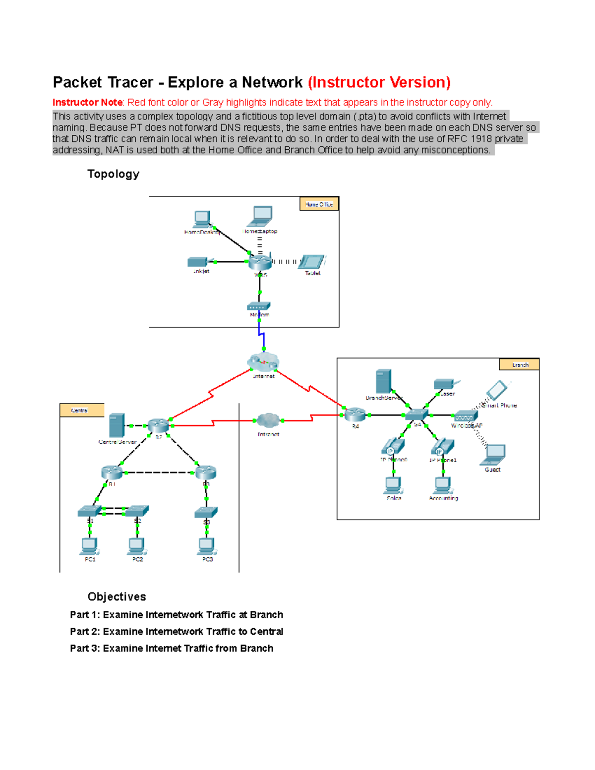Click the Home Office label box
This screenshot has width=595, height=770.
(x=319, y=204)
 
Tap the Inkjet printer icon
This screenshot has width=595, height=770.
(x=197, y=262)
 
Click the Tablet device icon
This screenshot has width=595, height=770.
(x=312, y=261)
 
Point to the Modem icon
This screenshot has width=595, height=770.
(x=259, y=306)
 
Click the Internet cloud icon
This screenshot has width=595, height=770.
(x=263, y=363)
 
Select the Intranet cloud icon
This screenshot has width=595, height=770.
(x=268, y=421)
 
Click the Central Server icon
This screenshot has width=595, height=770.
(x=116, y=425)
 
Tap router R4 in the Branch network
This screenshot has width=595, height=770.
(x=355, y=415)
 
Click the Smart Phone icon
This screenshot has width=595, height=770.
(x=497, y=390)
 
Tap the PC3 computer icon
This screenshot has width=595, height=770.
(x=207, y=546)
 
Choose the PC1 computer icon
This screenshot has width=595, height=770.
(x=89, y=546)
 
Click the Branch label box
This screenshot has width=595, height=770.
(x=519, y=365)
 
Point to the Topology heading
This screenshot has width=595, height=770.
(x=113, y=174)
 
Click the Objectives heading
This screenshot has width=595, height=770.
(x=117, y=596)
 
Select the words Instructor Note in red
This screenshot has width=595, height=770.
(x=87, y=103)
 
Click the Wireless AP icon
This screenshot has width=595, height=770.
(x=465, y=416)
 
